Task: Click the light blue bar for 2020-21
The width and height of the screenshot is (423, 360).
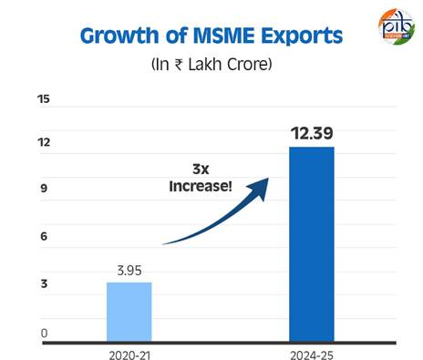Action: coord(129,311)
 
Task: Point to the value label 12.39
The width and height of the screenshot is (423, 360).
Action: coord(312,134)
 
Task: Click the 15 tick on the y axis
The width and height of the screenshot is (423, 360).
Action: coord(44,98)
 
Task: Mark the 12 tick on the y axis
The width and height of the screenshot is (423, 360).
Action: coord(44,143)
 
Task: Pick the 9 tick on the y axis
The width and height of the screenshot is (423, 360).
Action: coord(44,190)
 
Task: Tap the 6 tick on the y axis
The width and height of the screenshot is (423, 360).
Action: coord(44,237)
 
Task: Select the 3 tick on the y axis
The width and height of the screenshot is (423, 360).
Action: coord(44,285)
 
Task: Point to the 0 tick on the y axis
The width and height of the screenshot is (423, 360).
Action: coord(44,334)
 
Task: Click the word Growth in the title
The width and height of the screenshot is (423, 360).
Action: coord(119,36)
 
